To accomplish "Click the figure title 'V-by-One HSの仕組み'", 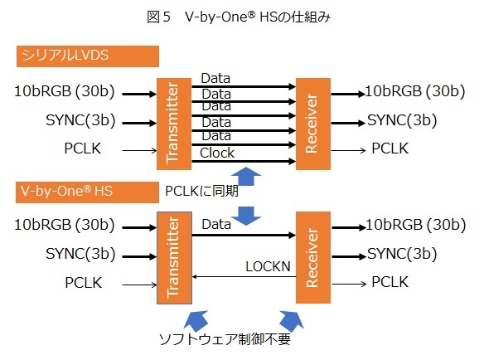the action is click(258, 17).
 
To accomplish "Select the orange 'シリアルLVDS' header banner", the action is click(88, 56).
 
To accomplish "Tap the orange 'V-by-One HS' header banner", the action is click(87, 192).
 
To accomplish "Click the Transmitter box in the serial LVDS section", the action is click(174, 124).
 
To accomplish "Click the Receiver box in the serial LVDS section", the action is click(313, 124).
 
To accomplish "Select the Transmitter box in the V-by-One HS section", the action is click(174, 258).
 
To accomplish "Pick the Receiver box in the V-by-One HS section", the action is click(313, 257).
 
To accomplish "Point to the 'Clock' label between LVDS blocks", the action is click(217, 153).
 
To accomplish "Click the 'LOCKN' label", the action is click(268, 266).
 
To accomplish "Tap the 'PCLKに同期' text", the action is click(202, 191).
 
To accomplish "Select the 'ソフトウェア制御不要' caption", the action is click(225, 339).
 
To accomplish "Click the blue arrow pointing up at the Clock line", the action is click(246, 176).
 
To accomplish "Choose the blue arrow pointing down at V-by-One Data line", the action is click(246, 216).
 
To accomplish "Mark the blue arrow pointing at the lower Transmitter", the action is click(196, 319).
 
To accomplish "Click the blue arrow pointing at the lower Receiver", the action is click(291, 320).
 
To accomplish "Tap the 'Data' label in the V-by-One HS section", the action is click(216, 224).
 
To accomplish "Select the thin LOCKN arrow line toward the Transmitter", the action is click(244, 276).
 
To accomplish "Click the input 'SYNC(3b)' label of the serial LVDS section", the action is click(80, 120).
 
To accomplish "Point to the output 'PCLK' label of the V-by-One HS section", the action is click(390, 282).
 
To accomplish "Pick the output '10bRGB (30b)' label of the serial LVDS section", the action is click(415, 91).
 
